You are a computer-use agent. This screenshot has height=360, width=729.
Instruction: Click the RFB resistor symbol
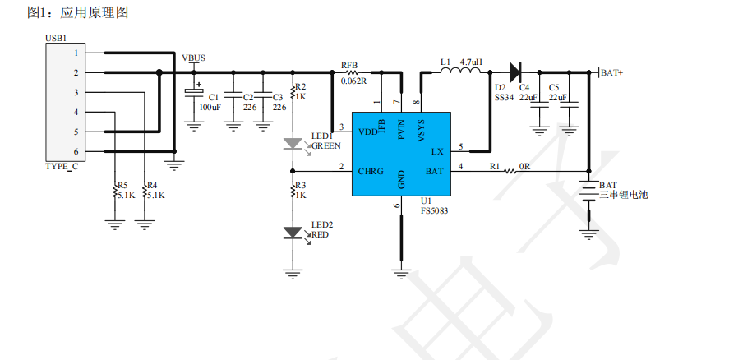click(x=352, y=72)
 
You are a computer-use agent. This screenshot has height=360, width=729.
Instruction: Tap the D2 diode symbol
click(x=514, y=72)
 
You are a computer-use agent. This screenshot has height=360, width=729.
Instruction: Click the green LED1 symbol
click(x=293, y=144)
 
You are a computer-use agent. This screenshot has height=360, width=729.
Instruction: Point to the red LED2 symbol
click(x=293, y=233)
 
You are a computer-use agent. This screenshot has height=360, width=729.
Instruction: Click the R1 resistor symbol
click(x=510, y=171)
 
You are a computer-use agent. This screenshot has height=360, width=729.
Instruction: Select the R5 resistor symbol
click(x=114, y=191)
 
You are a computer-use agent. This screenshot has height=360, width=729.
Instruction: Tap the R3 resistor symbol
click(x=293, y=191)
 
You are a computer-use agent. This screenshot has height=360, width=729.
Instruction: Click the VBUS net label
click(x=193, y=58)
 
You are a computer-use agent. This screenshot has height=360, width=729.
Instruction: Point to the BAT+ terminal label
click(x=611, y=72)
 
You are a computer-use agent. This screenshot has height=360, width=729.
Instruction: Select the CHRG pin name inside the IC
click(x=371, y=171)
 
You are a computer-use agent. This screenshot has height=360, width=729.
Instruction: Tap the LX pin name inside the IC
click(x=437, y=151)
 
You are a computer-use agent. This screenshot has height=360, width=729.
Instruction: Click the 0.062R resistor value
click(x=353, y=81)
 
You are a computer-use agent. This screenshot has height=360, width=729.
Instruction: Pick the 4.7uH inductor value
click(x=471, y=62)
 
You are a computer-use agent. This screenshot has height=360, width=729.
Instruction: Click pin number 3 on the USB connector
click(x=76, y=93)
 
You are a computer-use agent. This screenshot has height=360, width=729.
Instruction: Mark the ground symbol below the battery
click(x=589, y=233)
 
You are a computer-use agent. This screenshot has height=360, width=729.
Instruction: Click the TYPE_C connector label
click(x=62, y=167)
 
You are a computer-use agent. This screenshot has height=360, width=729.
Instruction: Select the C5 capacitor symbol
click(x=569, y=105)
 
